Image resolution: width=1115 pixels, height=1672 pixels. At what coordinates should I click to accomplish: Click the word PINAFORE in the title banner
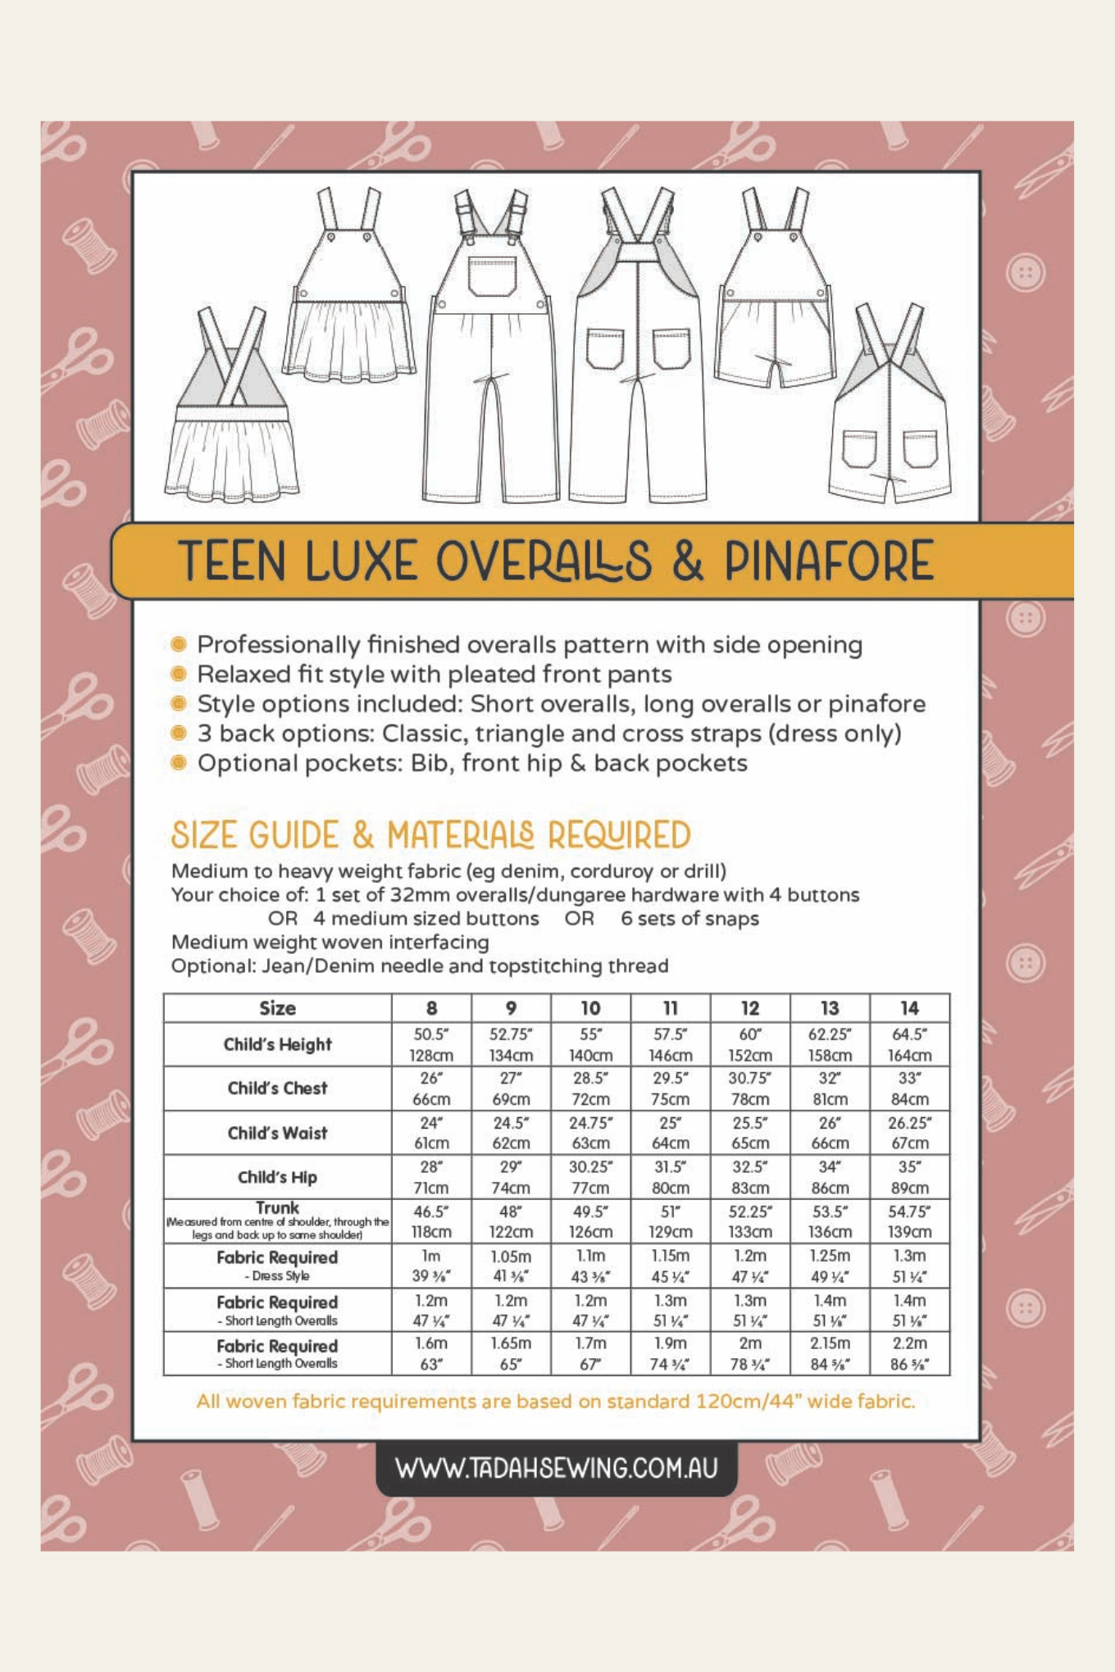[828, 561]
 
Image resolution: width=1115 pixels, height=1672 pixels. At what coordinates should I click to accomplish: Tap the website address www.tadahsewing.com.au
[557, 1468]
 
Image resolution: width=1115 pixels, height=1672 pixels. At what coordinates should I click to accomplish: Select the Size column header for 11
[670, 1008]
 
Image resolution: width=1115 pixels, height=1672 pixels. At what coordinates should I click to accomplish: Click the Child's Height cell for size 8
[431, 1044]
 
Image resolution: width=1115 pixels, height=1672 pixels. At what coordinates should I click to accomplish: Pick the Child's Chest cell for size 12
[749, 1088]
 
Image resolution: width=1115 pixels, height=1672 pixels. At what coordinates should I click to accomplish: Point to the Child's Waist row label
[277, 1133]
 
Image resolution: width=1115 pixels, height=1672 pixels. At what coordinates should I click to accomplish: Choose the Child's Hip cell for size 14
[909, 1177]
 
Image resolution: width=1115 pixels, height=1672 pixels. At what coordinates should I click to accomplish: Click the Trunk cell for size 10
[590, 1221]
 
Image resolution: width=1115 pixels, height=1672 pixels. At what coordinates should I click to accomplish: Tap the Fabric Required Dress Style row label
[277, 1265]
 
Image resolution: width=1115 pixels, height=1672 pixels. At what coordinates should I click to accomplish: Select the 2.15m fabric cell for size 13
[830, 1353]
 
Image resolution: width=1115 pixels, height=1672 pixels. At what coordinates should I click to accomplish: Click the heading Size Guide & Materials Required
[430, 835]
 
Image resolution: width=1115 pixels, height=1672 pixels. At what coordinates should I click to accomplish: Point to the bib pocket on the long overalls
[493, 276]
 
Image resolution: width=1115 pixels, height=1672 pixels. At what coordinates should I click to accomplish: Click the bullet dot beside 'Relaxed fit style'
[179, 674]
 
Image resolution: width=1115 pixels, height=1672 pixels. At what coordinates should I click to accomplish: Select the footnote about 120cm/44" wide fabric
[556, 1402]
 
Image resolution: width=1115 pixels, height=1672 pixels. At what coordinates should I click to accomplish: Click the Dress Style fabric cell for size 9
[511, 1265]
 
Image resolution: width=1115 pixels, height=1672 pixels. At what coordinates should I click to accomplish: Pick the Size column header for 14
[909, 1008]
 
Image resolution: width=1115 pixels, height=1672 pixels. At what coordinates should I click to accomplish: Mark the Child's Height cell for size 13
[830, 1044]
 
